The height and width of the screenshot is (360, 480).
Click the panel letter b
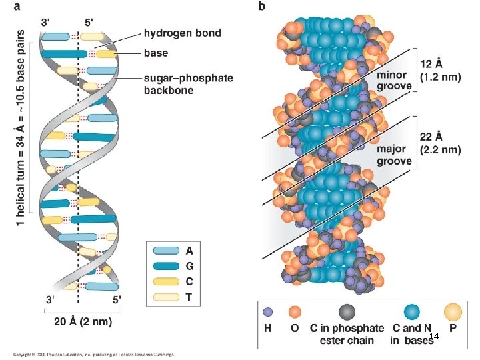coord(261,7)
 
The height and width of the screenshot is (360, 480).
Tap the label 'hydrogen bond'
coord(183,32)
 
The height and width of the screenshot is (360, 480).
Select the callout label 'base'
coord(157,52)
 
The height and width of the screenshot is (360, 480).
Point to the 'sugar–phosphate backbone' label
coord(189,84)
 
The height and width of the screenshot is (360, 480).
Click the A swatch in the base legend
coord(167,251)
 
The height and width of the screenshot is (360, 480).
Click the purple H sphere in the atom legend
coord(268,311)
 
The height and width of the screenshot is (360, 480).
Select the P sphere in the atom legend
coord(453,311)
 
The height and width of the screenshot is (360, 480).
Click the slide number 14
coord(434,336)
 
